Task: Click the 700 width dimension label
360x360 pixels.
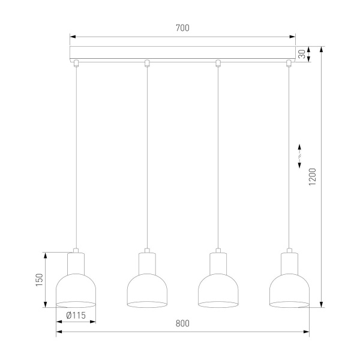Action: point(183,28)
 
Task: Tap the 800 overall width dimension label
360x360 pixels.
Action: point(182,324)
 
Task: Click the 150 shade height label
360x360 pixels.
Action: point(38,280)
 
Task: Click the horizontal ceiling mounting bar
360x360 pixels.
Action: point(182,53)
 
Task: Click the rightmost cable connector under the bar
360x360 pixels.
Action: point(289,63)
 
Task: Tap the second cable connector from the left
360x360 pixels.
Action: point(146,63)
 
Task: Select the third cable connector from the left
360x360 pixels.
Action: point(218,63)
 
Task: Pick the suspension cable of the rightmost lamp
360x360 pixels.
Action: point(289,156)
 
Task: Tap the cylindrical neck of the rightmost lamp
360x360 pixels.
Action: point(289,262)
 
